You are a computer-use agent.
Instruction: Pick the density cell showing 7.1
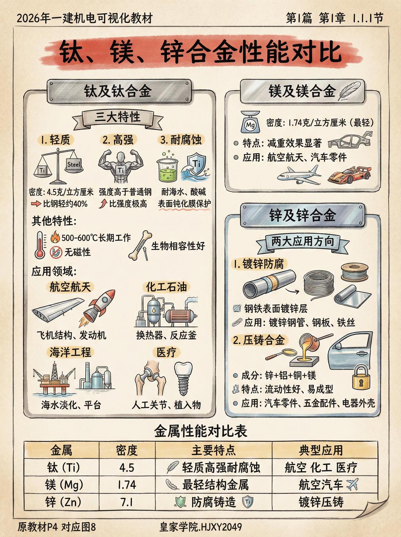click(x=127, y=503)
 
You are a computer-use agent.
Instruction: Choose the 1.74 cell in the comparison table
click(x=127, y=485)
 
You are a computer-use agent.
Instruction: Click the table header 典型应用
click(x=321, y=450)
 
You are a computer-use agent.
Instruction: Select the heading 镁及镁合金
click(x=302, y=91)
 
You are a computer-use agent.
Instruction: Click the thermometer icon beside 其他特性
click(x=40, y=245)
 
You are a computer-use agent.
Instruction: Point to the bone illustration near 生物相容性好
click(x=140, y=245)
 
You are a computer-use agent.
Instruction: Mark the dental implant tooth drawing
click(x=183, y=378)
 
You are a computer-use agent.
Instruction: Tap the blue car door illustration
click(x=350, y=351)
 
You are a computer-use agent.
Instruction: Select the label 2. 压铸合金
click(x=259, y=340)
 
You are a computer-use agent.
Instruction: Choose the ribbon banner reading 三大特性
click(x=117, y=118)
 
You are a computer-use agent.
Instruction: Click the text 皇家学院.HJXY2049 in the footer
click(x=200, y=527)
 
